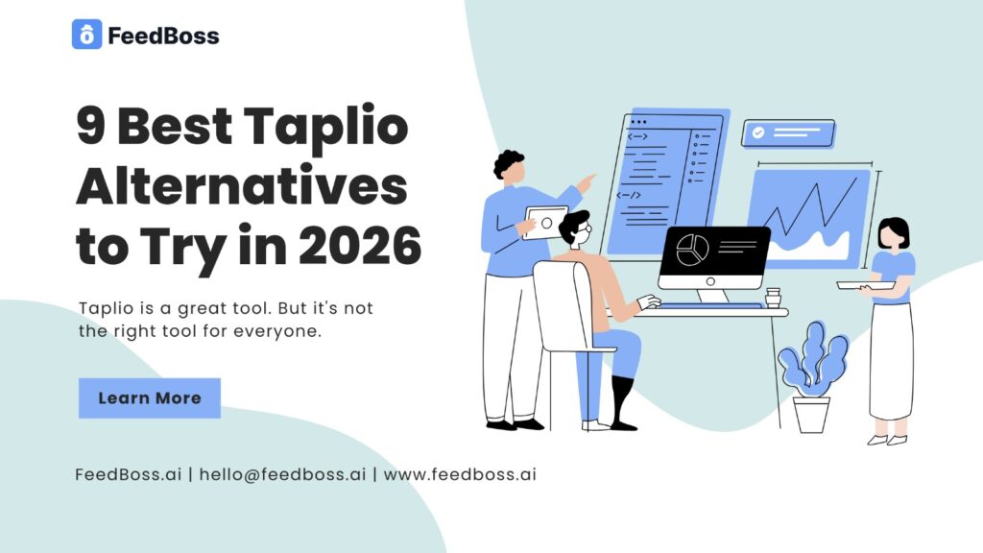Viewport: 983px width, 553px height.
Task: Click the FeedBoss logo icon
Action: tap(86, 36)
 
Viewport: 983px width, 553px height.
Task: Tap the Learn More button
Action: tap(150, 397)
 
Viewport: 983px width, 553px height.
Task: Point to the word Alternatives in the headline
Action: tap(242, 188)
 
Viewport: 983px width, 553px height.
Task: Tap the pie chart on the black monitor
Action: tap(691, 251)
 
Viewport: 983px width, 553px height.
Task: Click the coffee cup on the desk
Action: tap(773, 297)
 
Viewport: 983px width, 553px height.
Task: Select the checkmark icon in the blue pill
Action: tap(758, 133)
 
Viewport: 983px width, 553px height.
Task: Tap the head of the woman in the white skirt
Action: tap(893, 233)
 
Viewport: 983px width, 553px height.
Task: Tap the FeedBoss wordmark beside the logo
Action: tap(163, 36)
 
